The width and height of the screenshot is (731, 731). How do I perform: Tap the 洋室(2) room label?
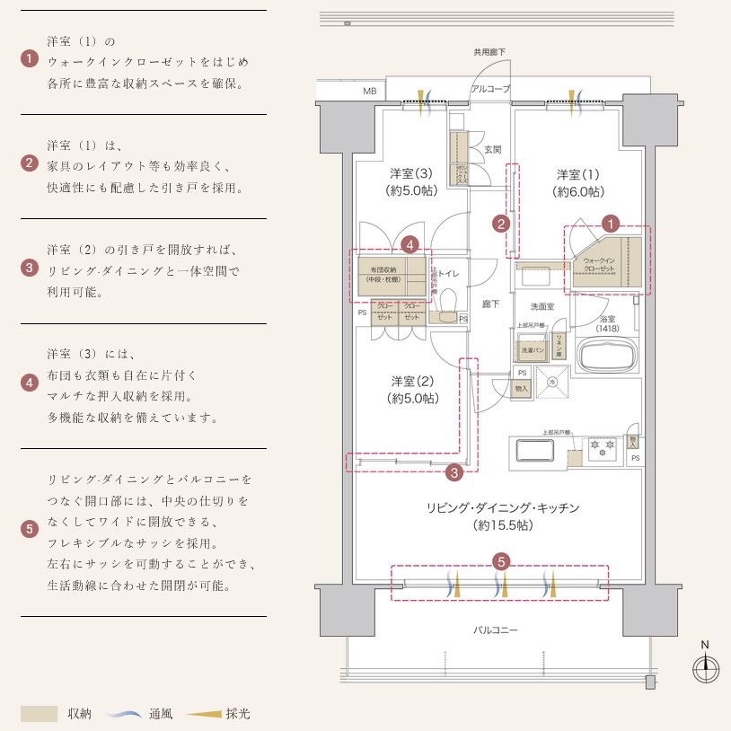413,389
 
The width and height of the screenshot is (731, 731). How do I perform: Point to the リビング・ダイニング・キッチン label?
502,516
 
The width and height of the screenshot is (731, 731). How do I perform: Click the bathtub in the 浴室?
607,355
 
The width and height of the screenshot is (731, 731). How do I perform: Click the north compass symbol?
707,667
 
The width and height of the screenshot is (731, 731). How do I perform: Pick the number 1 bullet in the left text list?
30,60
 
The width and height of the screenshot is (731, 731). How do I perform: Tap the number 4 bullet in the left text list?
30,383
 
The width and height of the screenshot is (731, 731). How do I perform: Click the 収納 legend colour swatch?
39,714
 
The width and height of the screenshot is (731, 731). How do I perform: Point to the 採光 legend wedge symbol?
205,715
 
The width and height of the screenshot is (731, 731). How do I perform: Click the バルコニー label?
496,630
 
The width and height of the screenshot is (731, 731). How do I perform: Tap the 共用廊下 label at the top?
489,52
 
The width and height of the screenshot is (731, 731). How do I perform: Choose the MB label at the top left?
370,92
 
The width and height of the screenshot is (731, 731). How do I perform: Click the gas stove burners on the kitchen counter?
601,445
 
